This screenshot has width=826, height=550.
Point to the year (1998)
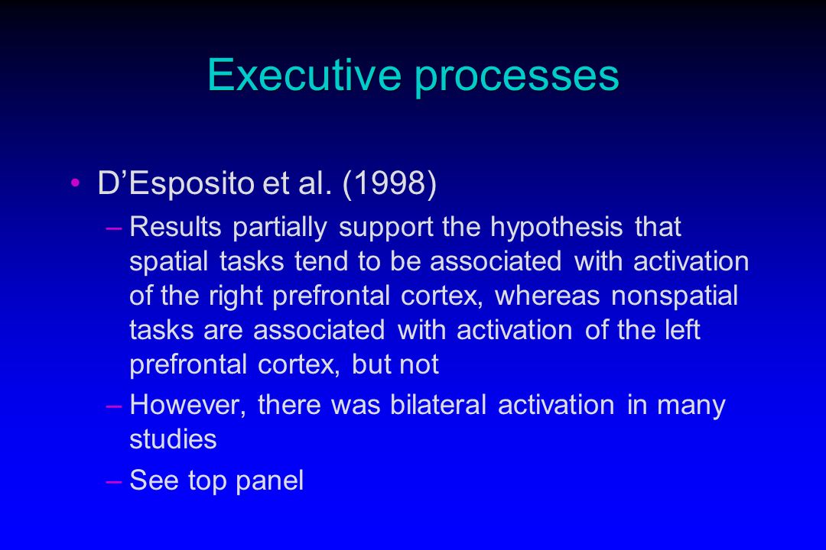[389, 183]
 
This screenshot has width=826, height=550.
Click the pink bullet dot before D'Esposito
[75, 183]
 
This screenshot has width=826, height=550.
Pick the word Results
[175, 228]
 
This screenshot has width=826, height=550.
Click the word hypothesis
[557, 228]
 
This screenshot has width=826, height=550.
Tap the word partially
[280, 228]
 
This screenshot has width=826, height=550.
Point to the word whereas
[548, 296]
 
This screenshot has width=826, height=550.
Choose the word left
[683, 330]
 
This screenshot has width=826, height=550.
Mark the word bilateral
[438, 405]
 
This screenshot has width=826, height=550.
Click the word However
[187, 406]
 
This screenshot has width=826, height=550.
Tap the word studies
[173, 439]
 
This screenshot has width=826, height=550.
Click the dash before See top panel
[114, 481]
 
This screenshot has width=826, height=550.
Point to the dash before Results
[114, 228]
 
